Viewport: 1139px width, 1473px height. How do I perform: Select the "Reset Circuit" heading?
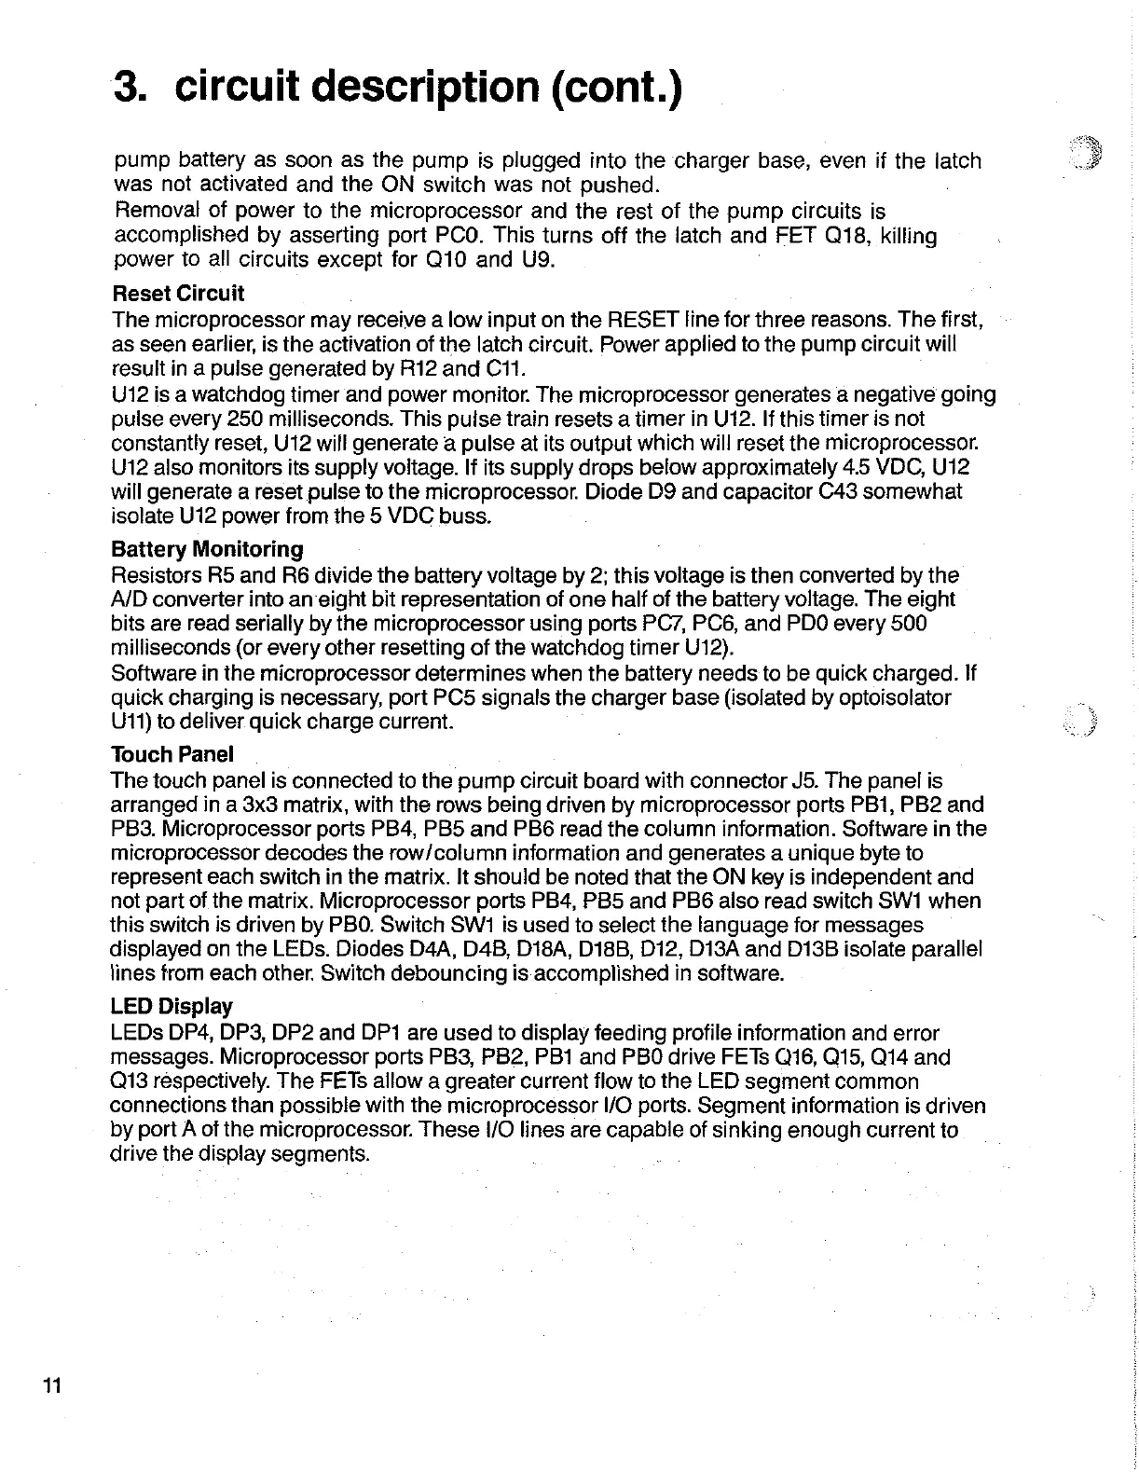(177, 294)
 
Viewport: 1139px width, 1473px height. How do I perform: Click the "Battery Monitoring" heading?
(207, 549)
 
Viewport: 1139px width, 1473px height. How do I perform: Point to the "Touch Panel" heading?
(172, 754)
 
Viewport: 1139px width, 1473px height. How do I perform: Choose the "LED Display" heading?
(172, 1007)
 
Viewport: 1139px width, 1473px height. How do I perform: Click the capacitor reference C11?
(482, 369)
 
